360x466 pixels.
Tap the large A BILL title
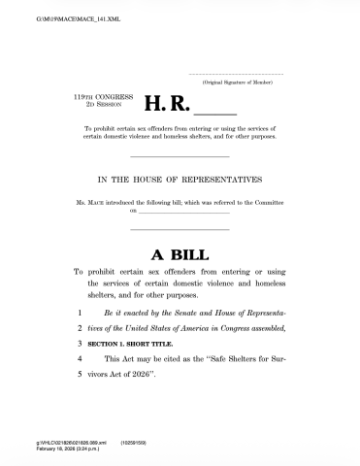coord(180,254)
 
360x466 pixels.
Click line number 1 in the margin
coord(80,316)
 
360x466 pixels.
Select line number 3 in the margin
coord(80,343)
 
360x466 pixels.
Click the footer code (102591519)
coord(133,444)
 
